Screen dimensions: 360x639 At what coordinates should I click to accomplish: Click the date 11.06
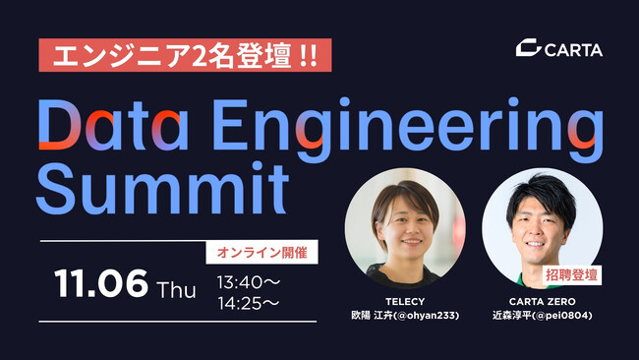(x=101, y=285)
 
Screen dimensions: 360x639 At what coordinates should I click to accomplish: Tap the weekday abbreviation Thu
(x=177, y=289)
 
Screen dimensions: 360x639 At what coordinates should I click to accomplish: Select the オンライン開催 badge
(x=261, y=253)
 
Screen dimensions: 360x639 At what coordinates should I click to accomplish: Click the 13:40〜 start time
(x=248, y=282)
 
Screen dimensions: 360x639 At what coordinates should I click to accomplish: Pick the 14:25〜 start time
(x=248, y=302)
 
